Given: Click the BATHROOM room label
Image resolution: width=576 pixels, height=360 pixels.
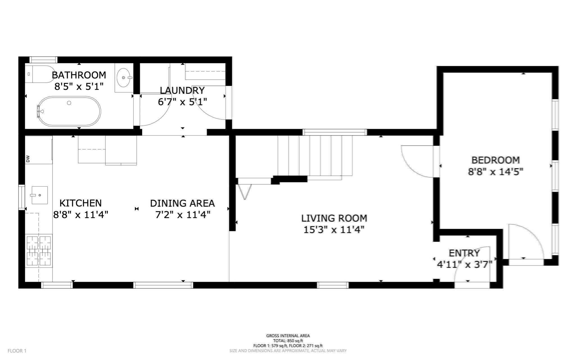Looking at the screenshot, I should [79, 75].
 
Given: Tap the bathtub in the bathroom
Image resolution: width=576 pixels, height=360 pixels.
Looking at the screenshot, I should [69, 111].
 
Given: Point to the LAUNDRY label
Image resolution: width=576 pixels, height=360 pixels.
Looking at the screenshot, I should [182, 90].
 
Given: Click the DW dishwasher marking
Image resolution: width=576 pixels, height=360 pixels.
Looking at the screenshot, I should [28, 159].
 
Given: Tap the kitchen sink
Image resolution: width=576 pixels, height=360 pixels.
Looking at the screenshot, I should [39, 195].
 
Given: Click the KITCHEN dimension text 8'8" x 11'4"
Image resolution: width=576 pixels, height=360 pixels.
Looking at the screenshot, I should [81, 215].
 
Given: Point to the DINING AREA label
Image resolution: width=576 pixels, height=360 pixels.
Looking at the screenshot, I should [182, 203].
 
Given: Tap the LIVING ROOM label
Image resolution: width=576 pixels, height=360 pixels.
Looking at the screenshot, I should [334, 218].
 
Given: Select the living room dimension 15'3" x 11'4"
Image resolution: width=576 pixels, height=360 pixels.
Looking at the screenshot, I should [334, 230].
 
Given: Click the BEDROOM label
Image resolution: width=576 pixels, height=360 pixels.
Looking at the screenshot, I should [496, 160].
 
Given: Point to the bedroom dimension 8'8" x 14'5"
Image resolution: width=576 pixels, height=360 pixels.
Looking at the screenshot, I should [496, 172].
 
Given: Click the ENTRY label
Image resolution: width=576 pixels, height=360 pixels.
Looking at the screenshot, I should [464, 253].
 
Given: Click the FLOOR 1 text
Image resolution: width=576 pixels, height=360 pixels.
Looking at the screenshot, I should [17, 351].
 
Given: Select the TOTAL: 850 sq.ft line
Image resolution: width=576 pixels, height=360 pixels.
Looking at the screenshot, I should [288, 341].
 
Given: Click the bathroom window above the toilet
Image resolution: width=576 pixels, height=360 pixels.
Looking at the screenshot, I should [44, 60].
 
